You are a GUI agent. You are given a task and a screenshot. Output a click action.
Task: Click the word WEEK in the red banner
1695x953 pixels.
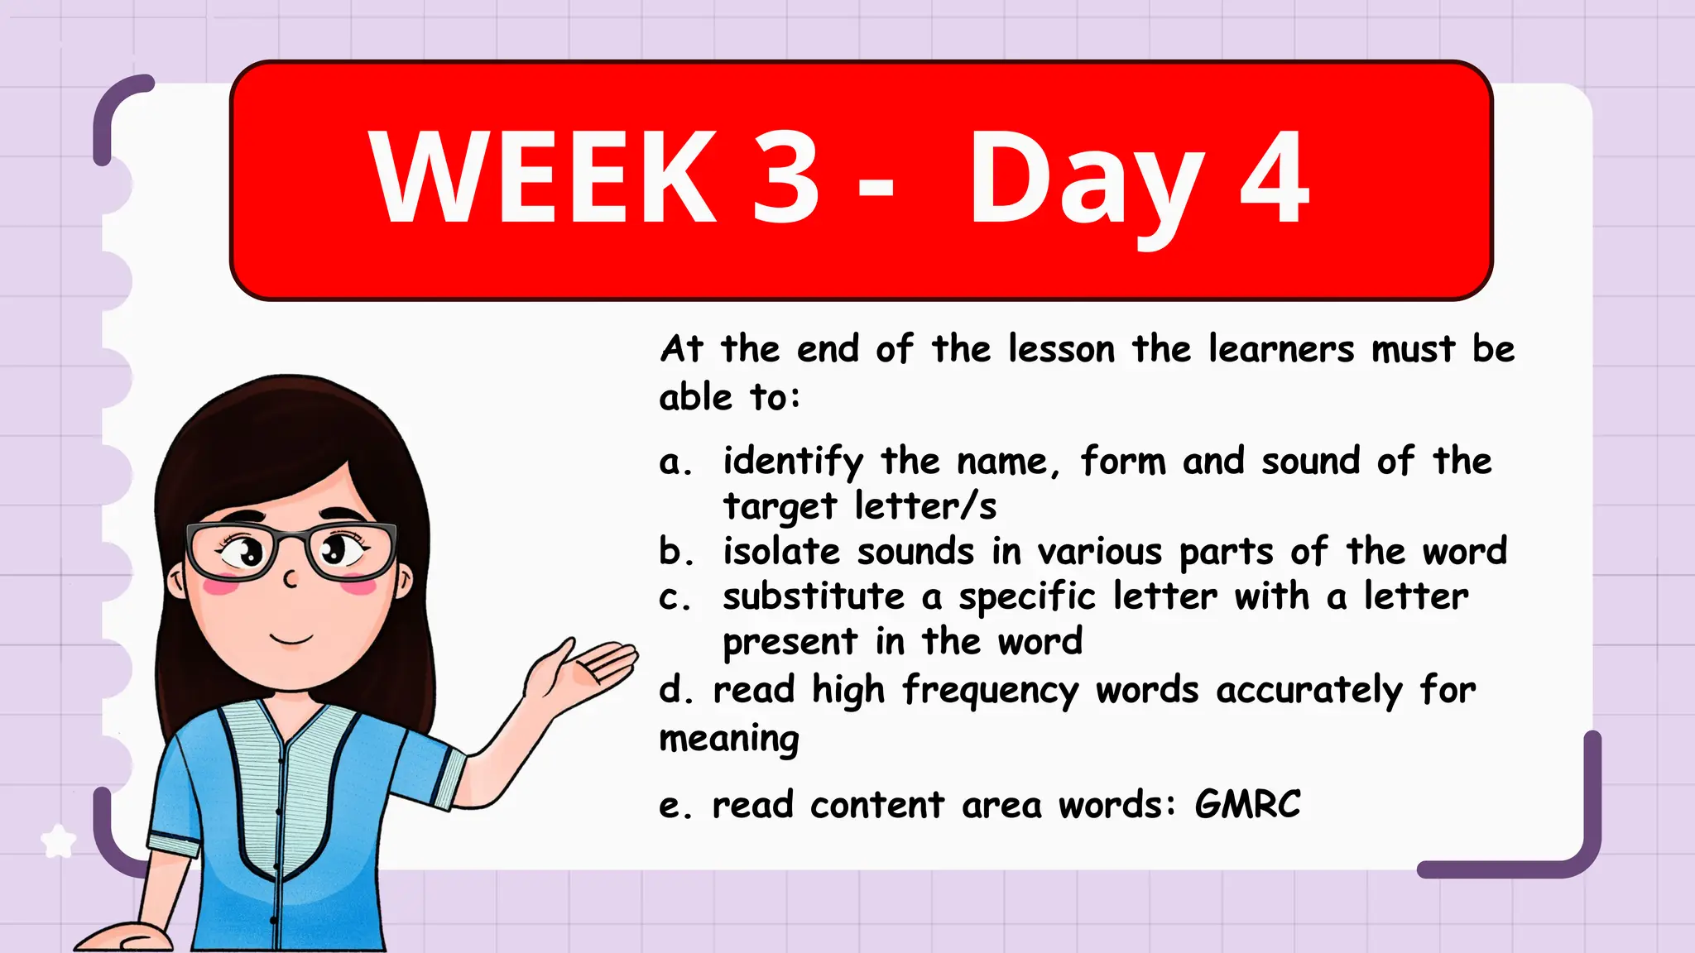[x=543, y=178]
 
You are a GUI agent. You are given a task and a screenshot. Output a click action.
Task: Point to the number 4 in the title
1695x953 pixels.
[x=1275, y=178]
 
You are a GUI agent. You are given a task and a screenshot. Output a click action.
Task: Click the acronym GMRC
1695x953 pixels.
[x=1248, y=804]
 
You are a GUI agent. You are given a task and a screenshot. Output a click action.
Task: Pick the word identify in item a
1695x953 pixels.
[x=793, y=462]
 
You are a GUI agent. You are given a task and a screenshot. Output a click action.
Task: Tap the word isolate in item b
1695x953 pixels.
[x=781, y=552]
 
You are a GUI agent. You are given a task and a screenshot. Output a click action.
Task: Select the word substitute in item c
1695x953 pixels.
[x=814, y=596]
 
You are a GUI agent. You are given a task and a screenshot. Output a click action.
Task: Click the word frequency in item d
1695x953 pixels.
[x=991, y=691]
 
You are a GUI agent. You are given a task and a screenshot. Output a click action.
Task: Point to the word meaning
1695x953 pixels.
[x=729, y=739]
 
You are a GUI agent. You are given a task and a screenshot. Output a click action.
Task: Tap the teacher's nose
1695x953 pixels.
[x=290, y=578]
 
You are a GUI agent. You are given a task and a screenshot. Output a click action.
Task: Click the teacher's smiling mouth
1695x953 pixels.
[x=291, y=639]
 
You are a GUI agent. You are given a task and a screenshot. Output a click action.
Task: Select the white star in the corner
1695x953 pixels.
[x=58, y=841]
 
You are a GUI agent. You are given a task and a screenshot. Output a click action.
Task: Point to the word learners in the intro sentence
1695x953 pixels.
[x=1280, y=349]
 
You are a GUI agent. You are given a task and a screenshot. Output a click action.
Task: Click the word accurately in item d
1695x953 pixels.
[x=1309, y=691]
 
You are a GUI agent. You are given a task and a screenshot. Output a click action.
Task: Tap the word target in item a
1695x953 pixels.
[x=780, y=506]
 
